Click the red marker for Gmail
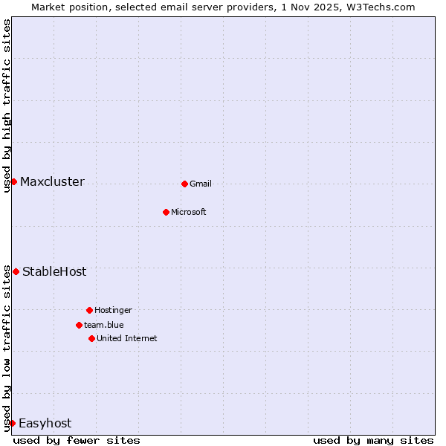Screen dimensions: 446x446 click(184, 184)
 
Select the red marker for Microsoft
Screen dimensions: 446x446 click(166, 212)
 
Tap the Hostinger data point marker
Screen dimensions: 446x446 click(89, 310)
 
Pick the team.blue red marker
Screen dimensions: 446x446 click(79, 325)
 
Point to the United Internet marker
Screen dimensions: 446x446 click(91, 338)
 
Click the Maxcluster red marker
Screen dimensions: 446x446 click(13, 181)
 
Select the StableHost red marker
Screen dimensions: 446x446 click(16, 271)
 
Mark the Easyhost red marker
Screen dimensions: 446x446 click(12, 423)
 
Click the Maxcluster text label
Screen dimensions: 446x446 click(52, 182)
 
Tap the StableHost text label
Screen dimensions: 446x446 click(54, 272)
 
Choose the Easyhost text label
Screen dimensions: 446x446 click(45, 424)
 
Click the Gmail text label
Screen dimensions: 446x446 click(201, 184)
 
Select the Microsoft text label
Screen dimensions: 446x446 click(189, 213)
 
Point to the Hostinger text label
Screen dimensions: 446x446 click(113, 311)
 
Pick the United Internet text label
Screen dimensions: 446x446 click(127, 339)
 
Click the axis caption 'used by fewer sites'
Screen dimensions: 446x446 click(77, 440)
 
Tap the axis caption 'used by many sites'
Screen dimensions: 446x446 click(373, 440)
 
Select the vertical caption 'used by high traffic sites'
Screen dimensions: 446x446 click(7, 106)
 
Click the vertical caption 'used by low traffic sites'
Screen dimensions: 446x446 click(7, 348)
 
